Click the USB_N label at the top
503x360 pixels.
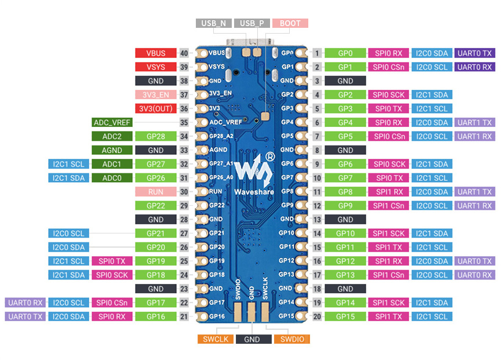pyautogui.click(x=214, y=23)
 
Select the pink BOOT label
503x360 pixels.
pyautogui.click(x=290, y=23)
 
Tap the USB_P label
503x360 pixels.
pyautogui.click(x=252, y=23)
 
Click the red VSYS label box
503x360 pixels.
pyautogui.click(x=155, y=67)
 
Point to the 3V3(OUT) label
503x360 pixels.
pyautogui.click(x=155, y=109)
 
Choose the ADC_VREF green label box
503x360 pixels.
pyautogui.click(x=112, y=122)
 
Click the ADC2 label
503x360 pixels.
pyautogui.click(x=112, y=136)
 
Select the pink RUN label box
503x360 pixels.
pyautogui.click(x=155, y=192)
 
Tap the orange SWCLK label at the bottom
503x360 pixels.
pyautogui.click(x=216, y=339)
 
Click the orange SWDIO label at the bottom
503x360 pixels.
pyautogui.click(x=292, y=339)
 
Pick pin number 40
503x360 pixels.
pyautogui.click(x=184, y=53)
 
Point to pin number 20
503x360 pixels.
pyautogui.click(x=317, y=317)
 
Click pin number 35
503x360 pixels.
pyautogui.click(x=184, y=122)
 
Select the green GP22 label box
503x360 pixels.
pyautogui.click(x=155, y=206)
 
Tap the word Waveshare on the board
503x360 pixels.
pyautogui.click(x=254, y=192)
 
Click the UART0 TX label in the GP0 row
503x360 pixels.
pyautogui.click(x=475, y=53)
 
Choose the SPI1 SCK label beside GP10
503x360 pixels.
pyautogui.click(x=388, y=234)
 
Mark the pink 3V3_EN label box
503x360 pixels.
pyautogui.click(x=155, y=95)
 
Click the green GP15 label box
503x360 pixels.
pyautogui.click(x=345, y=317)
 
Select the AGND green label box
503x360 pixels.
pyautogui.click(x=112, y=150)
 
